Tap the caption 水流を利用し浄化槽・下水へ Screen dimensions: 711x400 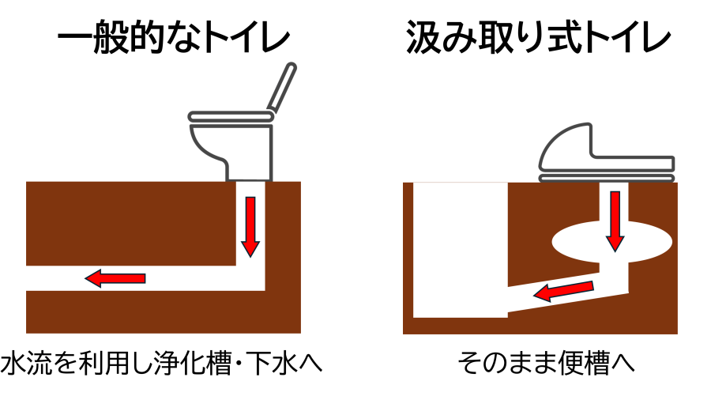tap(161, 363)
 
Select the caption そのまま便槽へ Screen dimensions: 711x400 tap(546, 363)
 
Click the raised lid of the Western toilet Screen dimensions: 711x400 tap(282, 87)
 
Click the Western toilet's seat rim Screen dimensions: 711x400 tap(231, 116)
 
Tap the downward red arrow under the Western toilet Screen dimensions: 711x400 tap(250, 227)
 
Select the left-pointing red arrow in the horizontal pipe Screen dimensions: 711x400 tap(115, 278)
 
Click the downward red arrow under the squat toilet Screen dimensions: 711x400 tap(615, 221)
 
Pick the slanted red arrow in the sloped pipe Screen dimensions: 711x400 tap(563, 291)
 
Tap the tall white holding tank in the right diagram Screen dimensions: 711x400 tap(461, 250)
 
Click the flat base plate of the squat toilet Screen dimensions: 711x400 tap(607, 178)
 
